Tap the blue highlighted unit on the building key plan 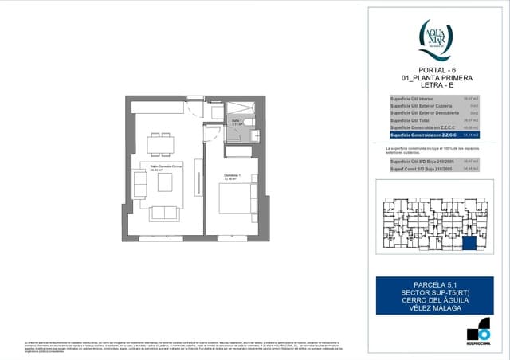point(470,244)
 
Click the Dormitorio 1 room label point(232,177)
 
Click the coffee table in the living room point(167,182)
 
